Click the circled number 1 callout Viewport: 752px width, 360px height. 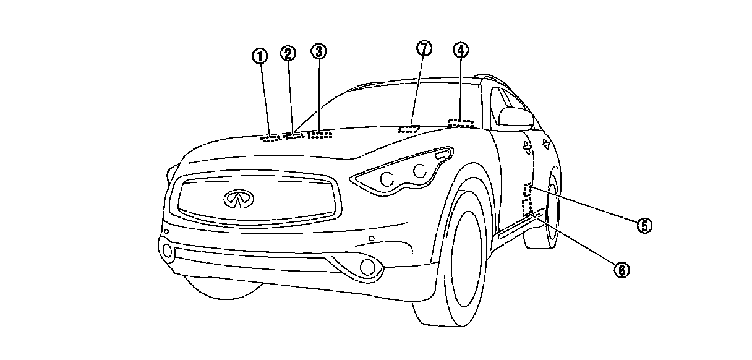coord(260,56)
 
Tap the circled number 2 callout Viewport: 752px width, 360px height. coord(288,53)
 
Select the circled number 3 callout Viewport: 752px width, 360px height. coord(318,51)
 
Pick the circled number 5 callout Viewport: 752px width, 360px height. coord(644,225)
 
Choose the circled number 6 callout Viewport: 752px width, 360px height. coord(622,269)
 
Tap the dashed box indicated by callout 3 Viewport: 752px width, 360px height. coord(320,134)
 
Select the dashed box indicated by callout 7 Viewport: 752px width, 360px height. coord(408,129)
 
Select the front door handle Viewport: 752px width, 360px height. coord(526,147)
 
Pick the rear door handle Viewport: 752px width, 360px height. coord(546,144)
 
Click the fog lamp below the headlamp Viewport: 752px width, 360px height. coord(369,267)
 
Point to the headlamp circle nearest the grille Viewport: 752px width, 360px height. coord(388,179)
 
